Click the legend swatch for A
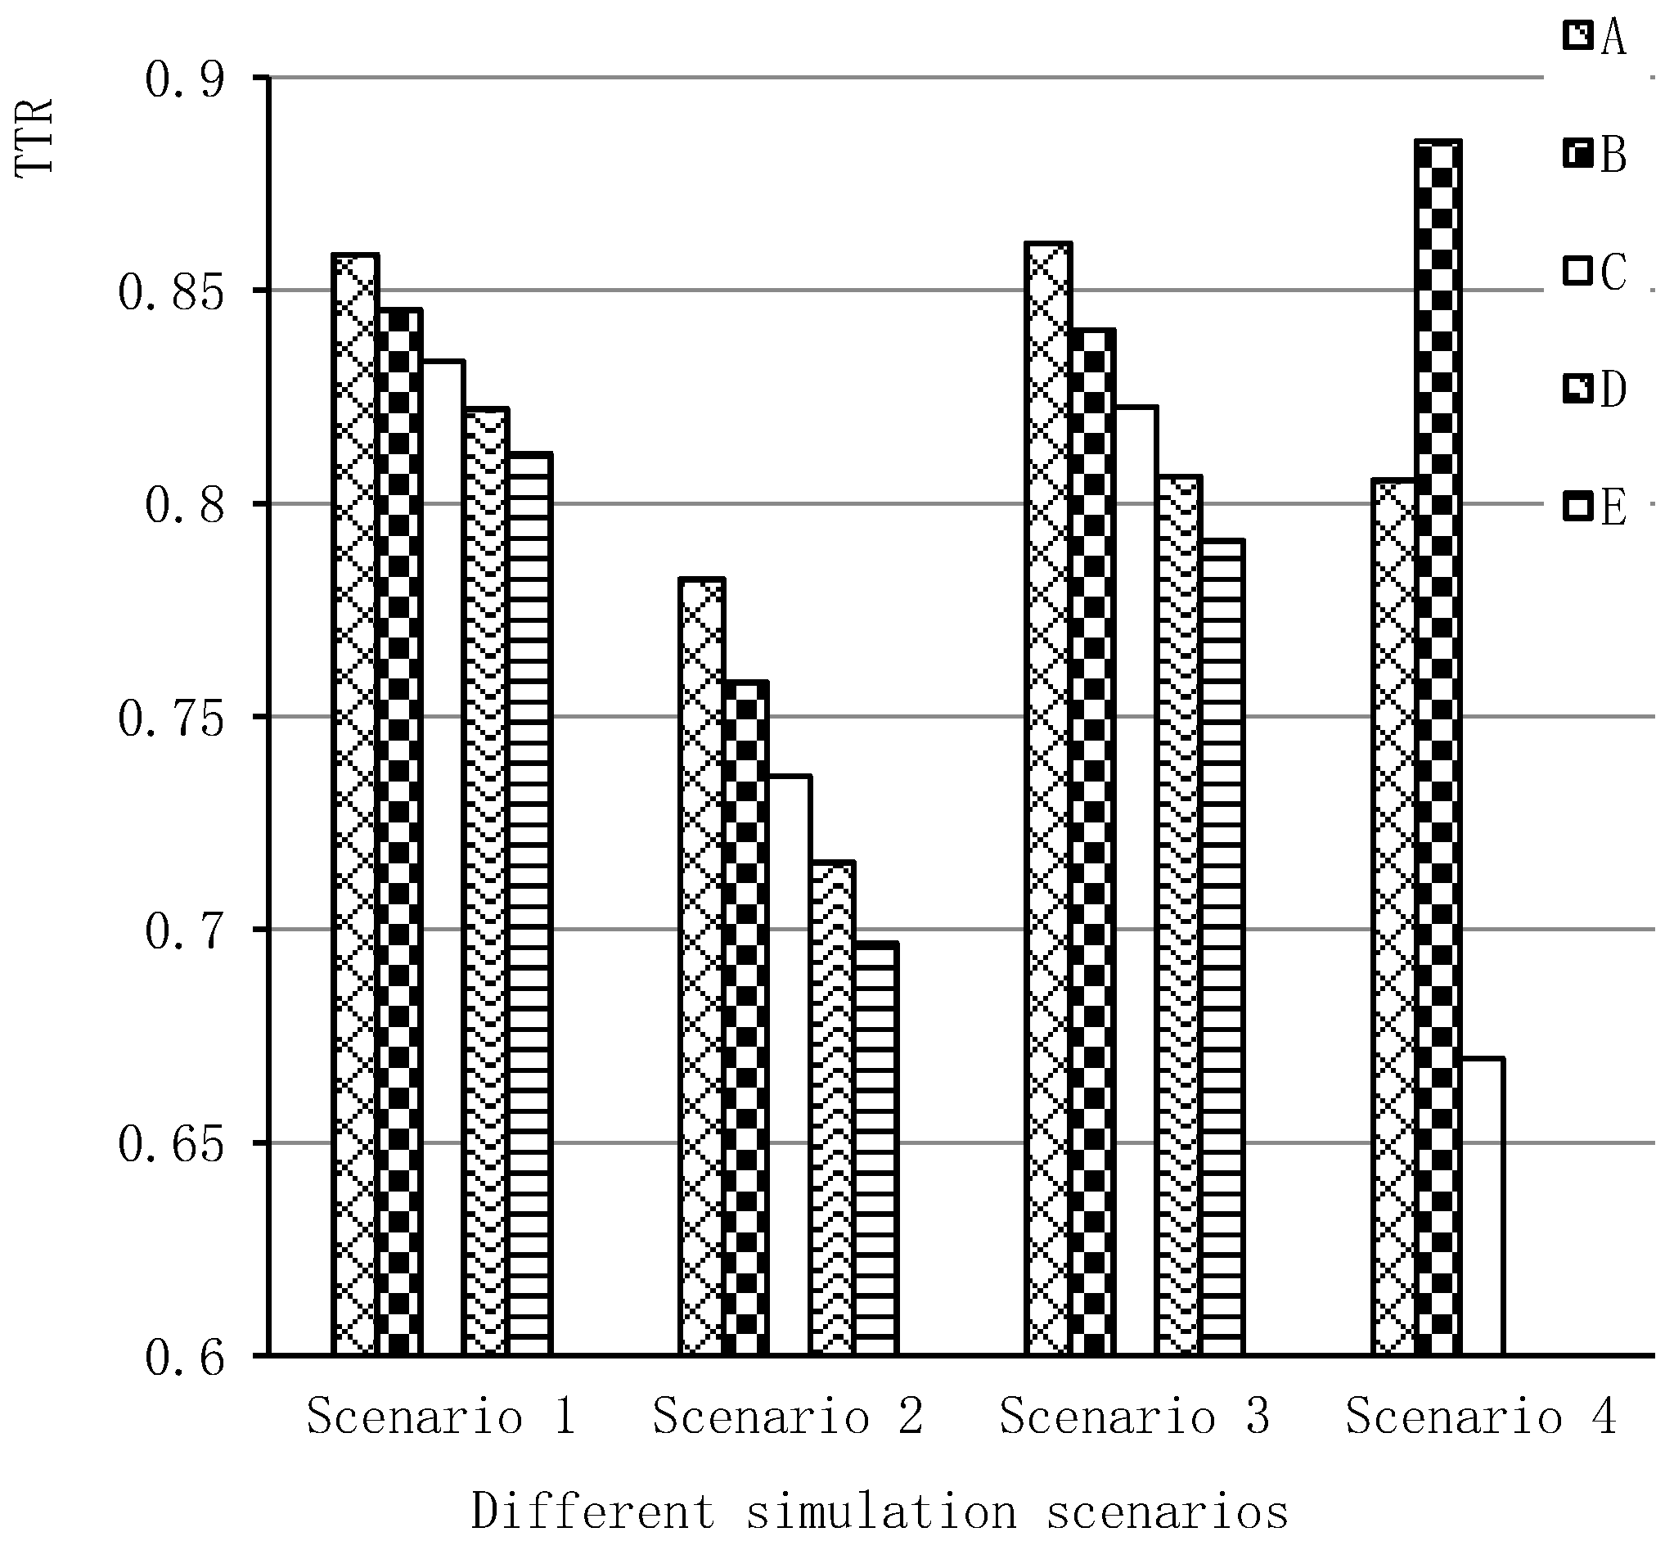(x=1578, y=37)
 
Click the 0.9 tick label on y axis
(x=184, y=81)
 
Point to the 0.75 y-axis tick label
(x=171, y=719)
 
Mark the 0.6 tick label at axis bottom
(x=184, y=1359)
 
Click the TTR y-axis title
(x=35, y=137)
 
